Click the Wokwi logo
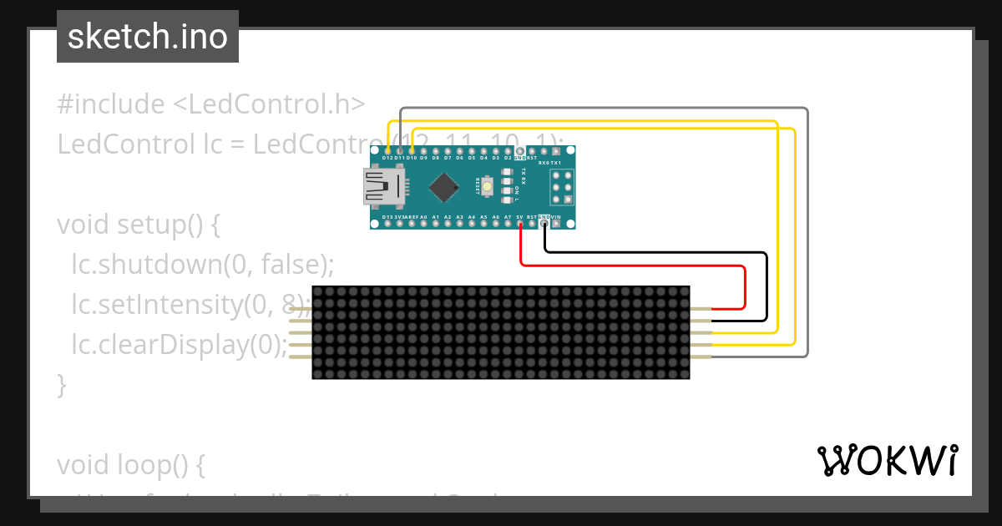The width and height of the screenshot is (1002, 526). point(887,460)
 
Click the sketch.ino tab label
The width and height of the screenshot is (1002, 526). point(148,37)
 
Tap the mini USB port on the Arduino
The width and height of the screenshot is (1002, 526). point(382,186)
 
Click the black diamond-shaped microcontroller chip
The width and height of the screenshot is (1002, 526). point(444,186)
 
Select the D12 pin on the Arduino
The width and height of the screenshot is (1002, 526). point(387,149)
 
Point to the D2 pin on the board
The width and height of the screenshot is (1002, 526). point(507,149)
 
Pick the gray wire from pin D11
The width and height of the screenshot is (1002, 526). point(601,109)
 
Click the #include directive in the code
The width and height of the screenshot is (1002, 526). point(111,104)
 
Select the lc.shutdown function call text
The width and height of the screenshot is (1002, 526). point(146,266)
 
